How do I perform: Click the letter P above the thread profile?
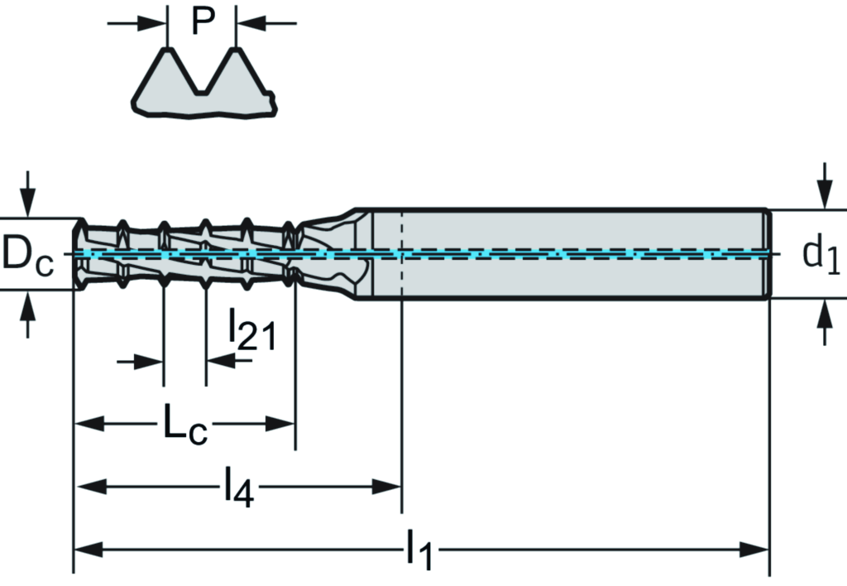coord(203,22)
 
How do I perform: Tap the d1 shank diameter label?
coord(821,255)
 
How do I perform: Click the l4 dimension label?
coord(238,487)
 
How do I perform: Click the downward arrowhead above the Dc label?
coord(28,203)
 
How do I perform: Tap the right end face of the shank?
coord(769,254)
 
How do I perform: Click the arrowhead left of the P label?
coord(156,23)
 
